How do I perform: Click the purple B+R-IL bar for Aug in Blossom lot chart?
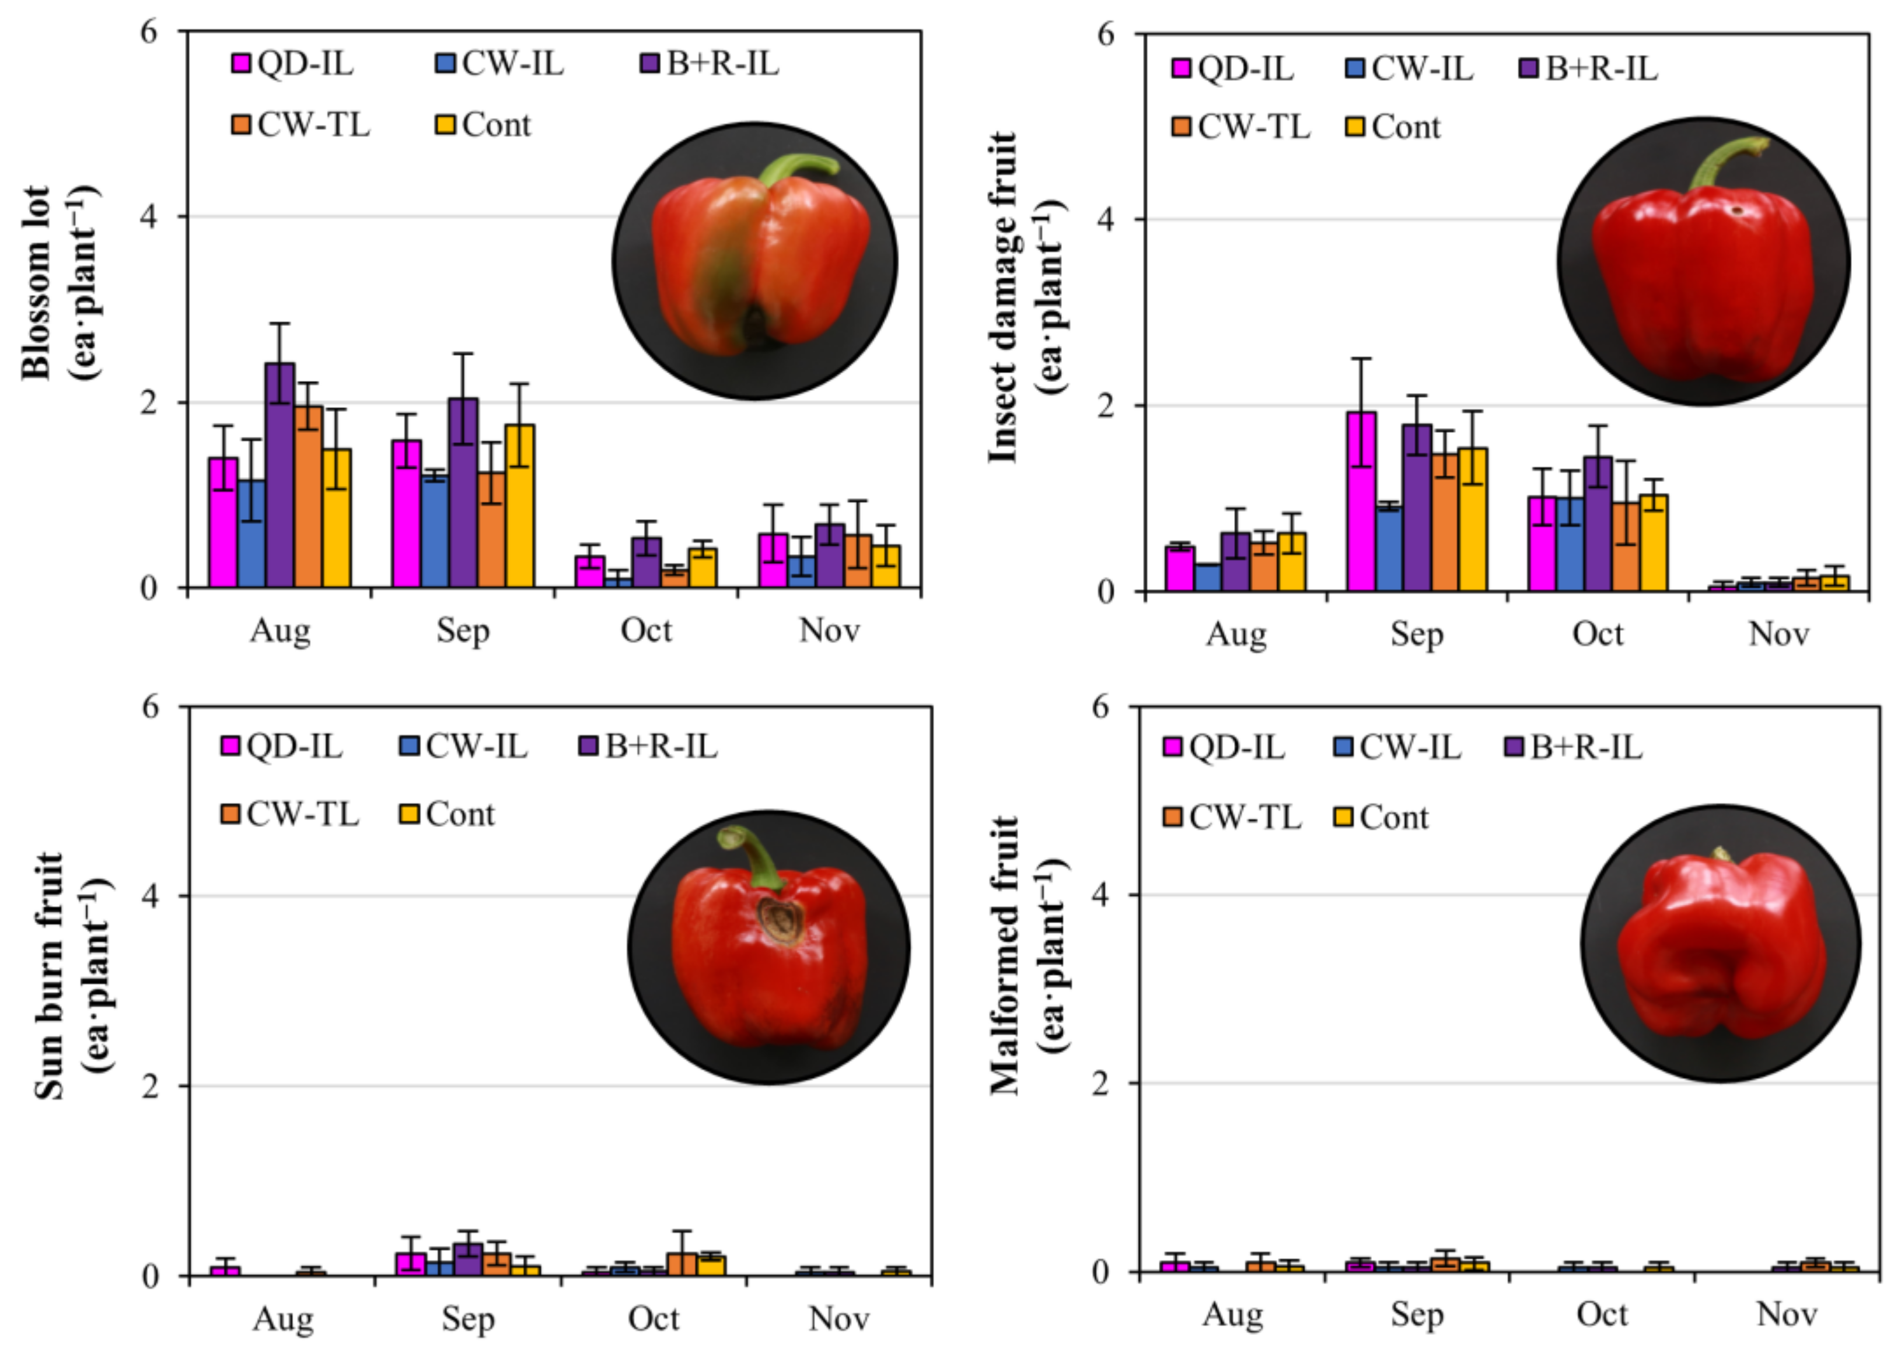[x=280, y=476]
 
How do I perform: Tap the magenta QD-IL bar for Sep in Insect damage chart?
[x=1361, y=502]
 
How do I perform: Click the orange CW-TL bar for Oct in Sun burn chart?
[x=683, y=1264]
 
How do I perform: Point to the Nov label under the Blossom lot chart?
[x=829, y=630]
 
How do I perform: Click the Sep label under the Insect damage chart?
[x=1417, y=635]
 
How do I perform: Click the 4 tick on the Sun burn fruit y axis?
[x=151, y=896]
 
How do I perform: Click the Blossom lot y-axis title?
[x=58, y=284]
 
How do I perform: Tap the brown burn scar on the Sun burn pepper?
[x=781, y=919]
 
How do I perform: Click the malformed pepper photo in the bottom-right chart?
[x=1721, y=944]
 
